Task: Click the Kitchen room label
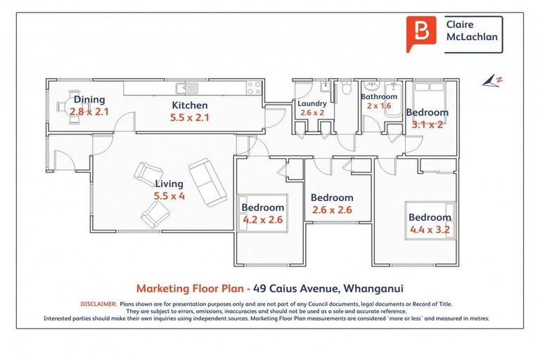pyautogui.click(x=189, y=105)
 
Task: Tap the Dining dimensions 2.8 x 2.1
pyautogui.click(x=89, y=112)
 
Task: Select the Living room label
pyautogui.click(x=169, y=184)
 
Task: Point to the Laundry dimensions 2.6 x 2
pyautogui.click(x=312, y=112)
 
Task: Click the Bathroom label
pyautogui.click(x=379, y=96)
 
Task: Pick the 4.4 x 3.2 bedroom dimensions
pyautogui.click(x=430, y=229)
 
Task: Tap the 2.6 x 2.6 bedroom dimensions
pyautogui.click(x=332, y=210)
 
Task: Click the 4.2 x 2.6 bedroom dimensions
pyautogui.click(x=263, y=220)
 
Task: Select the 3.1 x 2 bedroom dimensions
pyautogui.click(x=427, y=124)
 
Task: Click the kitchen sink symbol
pyautogui.click(x=186, y=89)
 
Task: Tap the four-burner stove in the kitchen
pyautogui.click(x=254, y=87)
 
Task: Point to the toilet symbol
pyautogui.click(x=346, y=86)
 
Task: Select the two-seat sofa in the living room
pyautogui.click(x=207, y=182)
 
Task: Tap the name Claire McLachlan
pyautogui.click(x=472, y=31)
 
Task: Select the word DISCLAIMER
pyautogui.click(x=99, y=304)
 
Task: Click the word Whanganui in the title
pyautogui.click(x=373, y=288)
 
